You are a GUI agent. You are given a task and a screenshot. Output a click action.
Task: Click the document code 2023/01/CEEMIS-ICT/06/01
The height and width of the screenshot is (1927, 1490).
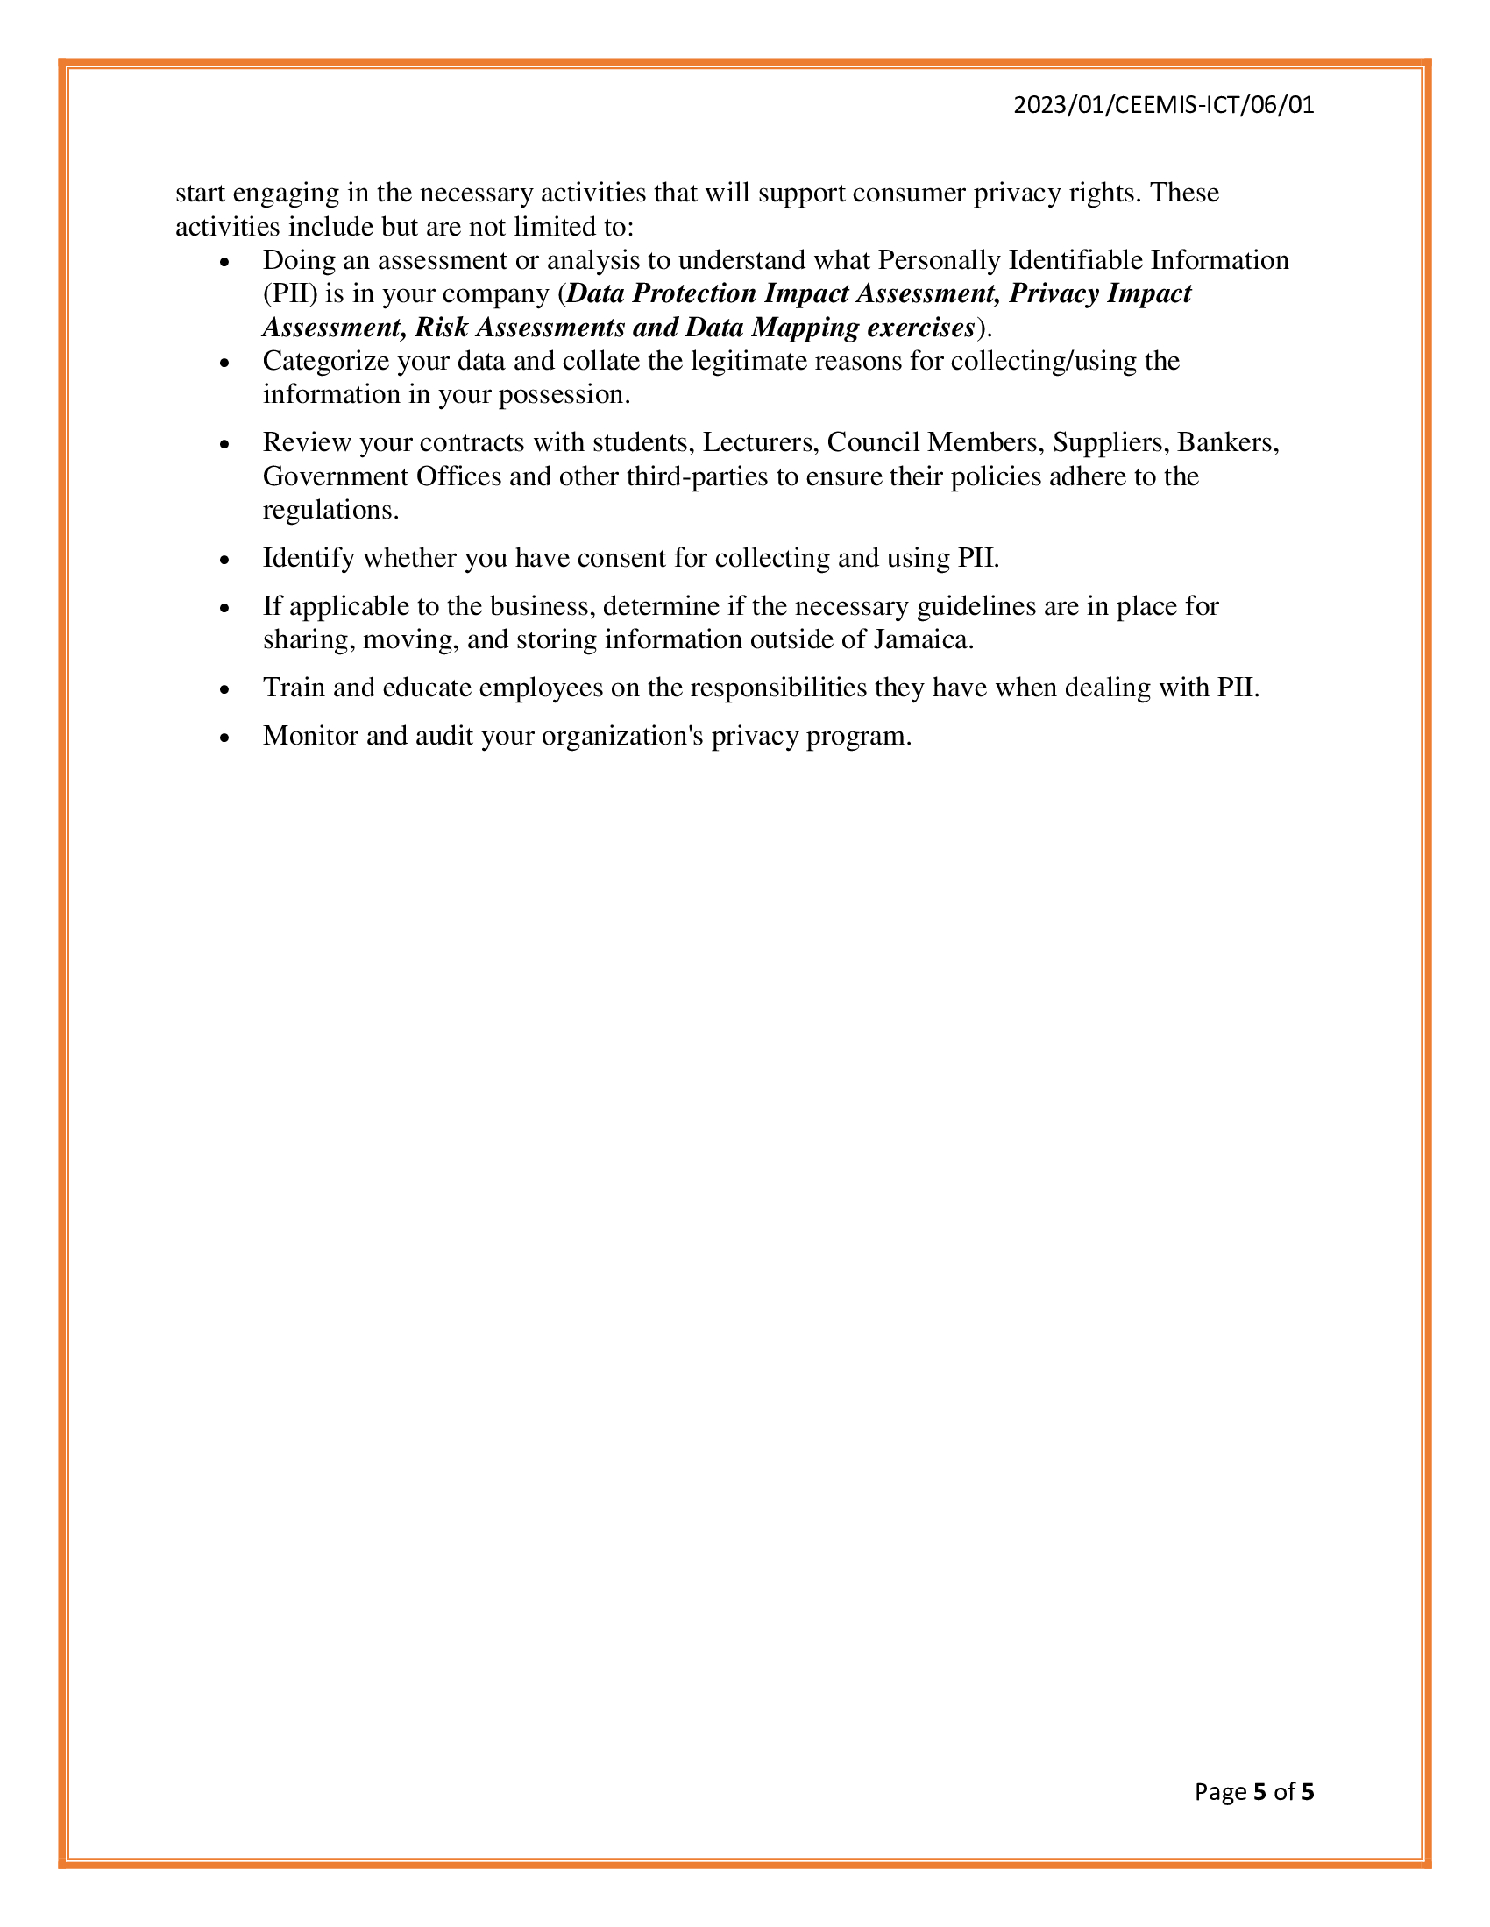click(x=1163, y=105)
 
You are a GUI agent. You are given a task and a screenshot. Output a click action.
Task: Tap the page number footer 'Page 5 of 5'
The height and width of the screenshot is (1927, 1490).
click(x=1253, y=1791)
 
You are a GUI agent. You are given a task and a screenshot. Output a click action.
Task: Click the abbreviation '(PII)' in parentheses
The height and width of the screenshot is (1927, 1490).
click(x=289, y=293)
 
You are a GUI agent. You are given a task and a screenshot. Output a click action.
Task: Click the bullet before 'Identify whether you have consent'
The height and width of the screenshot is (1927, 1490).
click(x=226, y=561)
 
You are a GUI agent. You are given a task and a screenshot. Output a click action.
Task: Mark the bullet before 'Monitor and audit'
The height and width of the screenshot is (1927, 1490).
click(x=226, y=738)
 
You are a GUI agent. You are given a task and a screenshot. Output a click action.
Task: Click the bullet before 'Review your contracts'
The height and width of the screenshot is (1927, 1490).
click(x=226, y=445)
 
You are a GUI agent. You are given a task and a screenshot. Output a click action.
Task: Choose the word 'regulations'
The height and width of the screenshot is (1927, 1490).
click(x=330, y=510)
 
